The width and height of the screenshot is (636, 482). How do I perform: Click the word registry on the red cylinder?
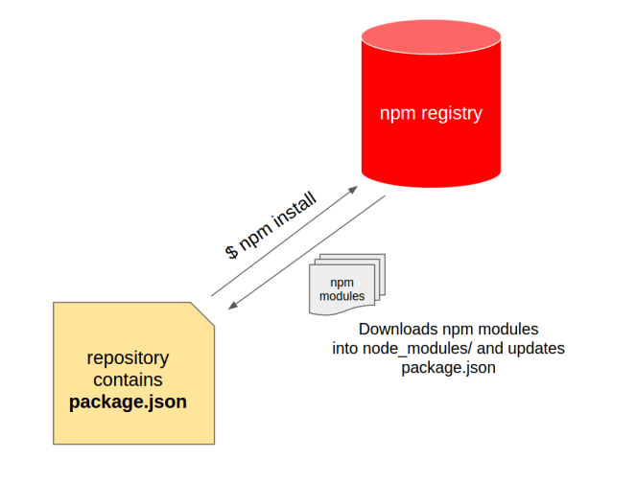(450, 114)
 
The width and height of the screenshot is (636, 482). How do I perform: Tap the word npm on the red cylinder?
(397, 114)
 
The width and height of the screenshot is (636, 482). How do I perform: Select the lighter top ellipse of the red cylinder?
(431, 38)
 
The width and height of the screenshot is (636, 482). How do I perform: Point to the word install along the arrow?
(295, 213)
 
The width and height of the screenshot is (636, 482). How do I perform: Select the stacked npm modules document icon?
(344, 285)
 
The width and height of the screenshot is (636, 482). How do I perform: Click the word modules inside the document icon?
(342, 296)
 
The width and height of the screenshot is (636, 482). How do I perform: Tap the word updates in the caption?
(537, 348)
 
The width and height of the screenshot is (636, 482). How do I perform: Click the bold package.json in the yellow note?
(128, 402)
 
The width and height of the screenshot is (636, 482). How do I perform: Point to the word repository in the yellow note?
(128, 358)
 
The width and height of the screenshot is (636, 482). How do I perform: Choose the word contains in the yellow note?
(128, 380)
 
